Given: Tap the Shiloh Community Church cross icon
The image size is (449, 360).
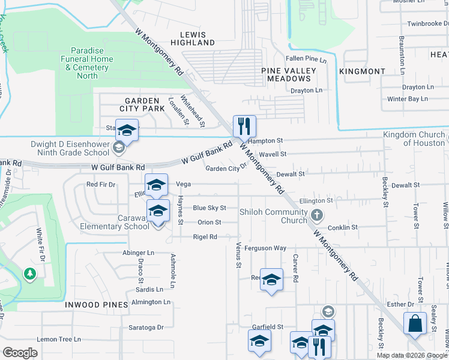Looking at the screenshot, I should (x=317, y=214).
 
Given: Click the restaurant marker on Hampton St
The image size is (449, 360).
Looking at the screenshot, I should (x=244, y=126).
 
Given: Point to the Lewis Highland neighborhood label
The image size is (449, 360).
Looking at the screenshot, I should (x=192, y=39).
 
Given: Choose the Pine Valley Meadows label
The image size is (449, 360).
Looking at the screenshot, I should (x=289, y=74).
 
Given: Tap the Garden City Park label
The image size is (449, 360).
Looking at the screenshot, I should (x=142, y=104).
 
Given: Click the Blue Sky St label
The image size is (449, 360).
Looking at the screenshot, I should (x=209, y=208).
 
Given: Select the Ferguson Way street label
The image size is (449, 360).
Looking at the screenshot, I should (x=266, y=248).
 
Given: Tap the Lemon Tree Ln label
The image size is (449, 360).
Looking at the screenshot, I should (x=58, y=340).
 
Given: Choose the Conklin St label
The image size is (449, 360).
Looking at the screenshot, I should (x=343, y=227).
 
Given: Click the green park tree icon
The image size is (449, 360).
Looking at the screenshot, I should (x=29, y=274).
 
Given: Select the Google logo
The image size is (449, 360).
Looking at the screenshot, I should (x=20, y=353).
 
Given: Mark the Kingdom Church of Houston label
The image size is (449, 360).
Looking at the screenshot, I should (x=414, y=139).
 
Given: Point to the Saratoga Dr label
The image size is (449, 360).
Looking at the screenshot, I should (x=146, y=328).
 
